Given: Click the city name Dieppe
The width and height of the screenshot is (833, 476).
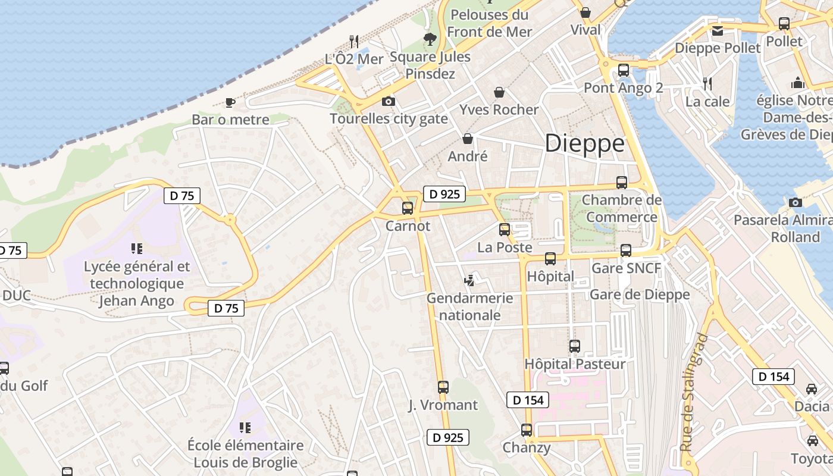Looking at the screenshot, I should [x=585, y=143].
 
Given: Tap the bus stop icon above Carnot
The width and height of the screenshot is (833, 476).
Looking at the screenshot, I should [x=408, y=208].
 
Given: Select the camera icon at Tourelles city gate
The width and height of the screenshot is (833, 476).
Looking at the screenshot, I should [x=389, y=102].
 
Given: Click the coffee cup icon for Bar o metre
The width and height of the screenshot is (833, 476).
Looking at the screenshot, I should [x=230, y=102].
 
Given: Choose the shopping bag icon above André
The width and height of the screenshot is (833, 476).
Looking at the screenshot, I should [x=468, y=139].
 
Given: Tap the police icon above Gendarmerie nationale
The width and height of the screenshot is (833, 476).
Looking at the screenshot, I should [x=470, y=280].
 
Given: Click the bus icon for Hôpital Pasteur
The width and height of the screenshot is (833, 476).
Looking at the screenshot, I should [x=574, y=346].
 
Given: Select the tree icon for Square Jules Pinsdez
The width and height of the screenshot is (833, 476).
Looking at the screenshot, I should [x=430, y=40].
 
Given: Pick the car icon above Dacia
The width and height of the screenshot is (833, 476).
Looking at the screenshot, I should [x=812, y=389].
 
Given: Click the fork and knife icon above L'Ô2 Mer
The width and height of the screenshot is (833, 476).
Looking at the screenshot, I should [x=354, y=41].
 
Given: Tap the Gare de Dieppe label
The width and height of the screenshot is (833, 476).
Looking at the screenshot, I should [x=640, y=295].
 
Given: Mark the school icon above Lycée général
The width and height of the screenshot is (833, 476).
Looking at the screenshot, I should [x=137, y=248].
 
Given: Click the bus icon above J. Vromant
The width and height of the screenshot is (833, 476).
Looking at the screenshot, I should [x=443, y=387].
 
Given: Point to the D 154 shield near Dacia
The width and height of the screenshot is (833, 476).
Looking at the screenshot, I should [x=773, y=377].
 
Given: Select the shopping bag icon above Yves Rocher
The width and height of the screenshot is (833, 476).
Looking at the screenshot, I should [x=499, y=92].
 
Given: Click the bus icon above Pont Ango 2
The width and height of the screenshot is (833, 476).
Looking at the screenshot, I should [x=623, y=70].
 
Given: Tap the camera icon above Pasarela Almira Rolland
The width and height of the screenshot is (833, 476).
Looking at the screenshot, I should [x=795, y=202].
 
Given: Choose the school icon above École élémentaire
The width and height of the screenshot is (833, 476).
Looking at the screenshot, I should [x=245, y=427].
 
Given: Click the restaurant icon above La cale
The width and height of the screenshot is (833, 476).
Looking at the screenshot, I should [x=707, y=83].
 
